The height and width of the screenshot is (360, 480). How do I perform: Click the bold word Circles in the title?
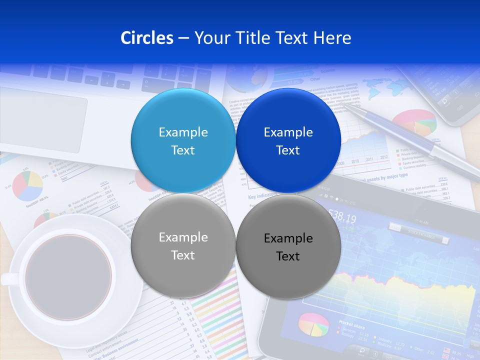click(x=146, y=38)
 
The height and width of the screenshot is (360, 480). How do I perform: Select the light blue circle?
click(x=183, y=140)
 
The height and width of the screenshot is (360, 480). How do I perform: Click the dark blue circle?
click(x=288, y=140)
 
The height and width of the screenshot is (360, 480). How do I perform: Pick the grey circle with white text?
click(x=183, y=245)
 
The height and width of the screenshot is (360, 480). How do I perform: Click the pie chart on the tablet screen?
click(x=314, y=324)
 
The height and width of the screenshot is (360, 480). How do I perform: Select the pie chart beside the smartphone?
click(x=414, y=122)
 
